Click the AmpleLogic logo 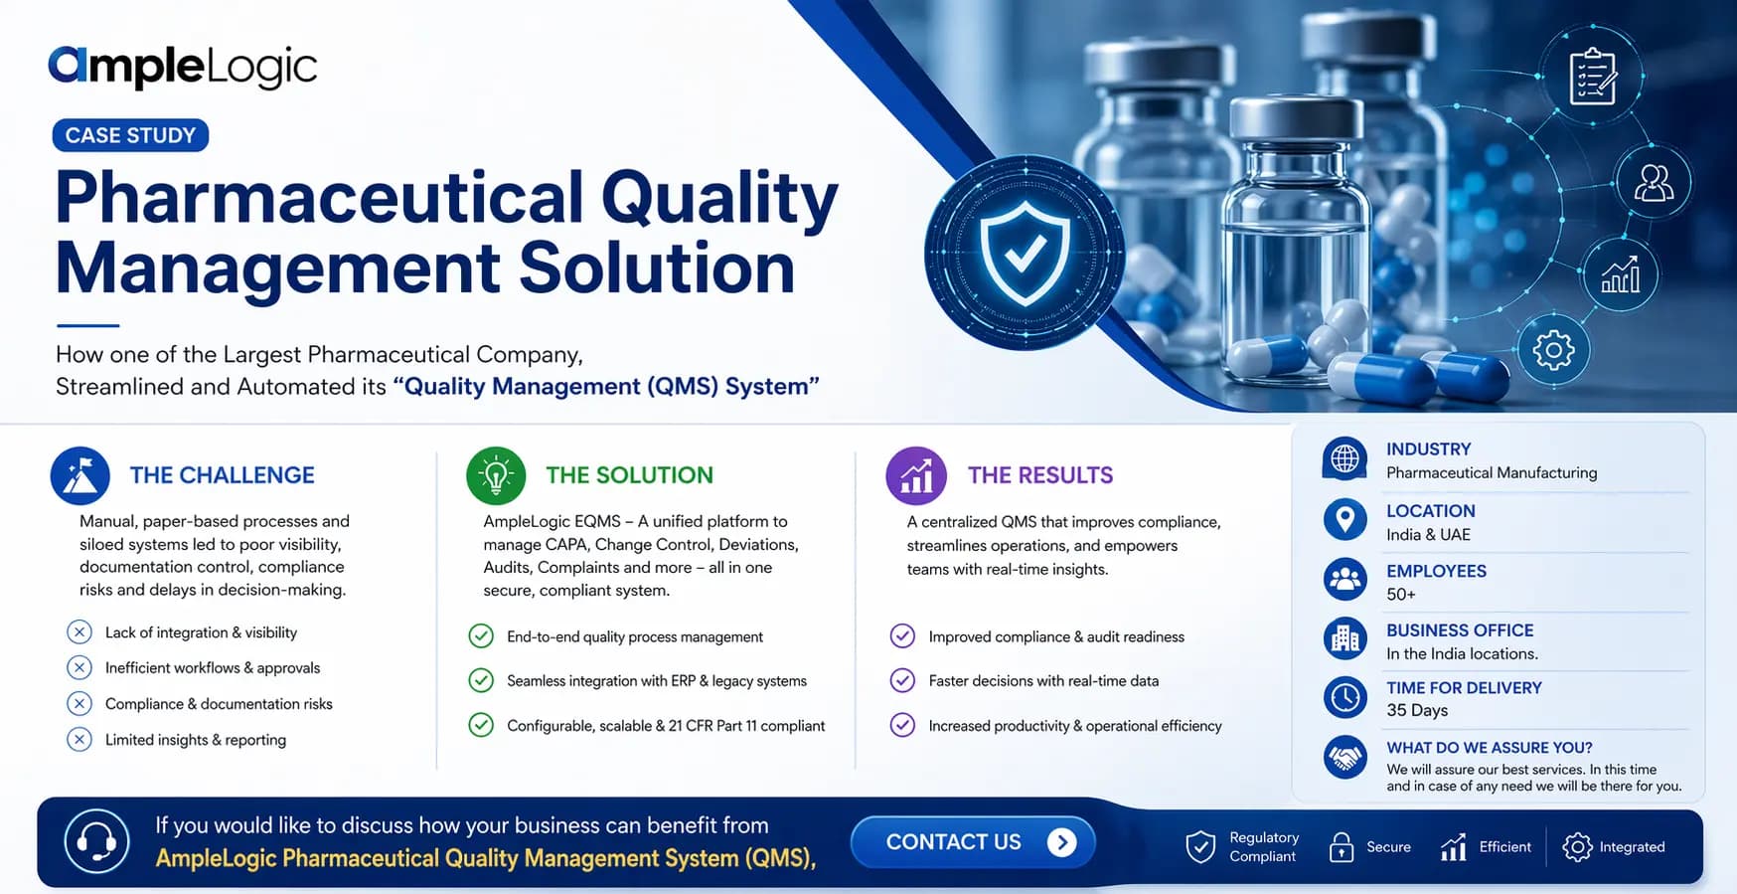coord(183,67)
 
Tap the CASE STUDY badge coord(130,135)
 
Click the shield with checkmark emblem coord(1025,253)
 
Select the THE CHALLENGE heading coord(222,475)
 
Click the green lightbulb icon coord(496,475)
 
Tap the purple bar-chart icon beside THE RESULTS coord(915,475)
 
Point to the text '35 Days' coord(1417,710)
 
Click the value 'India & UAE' coord(1428,534)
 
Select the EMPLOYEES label coord(1436,571)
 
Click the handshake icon coord(1345,758)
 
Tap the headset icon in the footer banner coord(96,841)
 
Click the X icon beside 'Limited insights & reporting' coord(79,739)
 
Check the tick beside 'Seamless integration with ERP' coord(481,680)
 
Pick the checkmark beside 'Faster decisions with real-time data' coord(902,680)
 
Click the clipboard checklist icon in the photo coord(1592,77)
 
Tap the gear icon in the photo coord(1553,350)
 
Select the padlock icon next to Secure coord(1342,847)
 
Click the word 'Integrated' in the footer coord(1632,847)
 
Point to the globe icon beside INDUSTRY coord(1344,459)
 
